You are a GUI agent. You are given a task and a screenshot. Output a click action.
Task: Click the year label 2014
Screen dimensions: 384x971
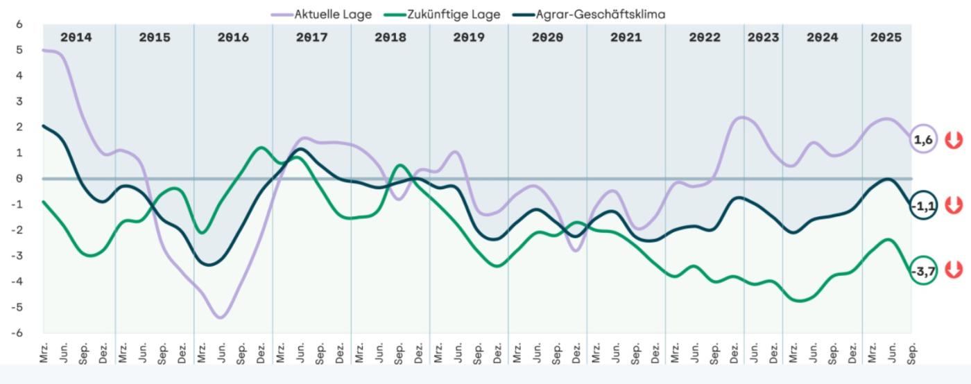coord(76,37)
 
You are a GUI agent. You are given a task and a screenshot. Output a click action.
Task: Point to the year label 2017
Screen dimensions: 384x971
coord(312,37)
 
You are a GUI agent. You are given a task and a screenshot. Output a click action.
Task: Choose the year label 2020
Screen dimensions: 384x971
coord(547,37)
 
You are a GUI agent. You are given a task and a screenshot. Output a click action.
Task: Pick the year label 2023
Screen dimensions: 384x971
coord(763,37)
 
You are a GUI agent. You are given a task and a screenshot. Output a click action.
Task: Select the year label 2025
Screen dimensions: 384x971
coord(886,37)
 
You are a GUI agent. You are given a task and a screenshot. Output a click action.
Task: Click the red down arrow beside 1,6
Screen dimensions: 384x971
coord(954,140)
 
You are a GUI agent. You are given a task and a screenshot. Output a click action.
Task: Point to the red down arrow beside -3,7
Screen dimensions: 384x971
coord(954,270)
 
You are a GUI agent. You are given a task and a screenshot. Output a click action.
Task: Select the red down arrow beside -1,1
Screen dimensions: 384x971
coord(954,205)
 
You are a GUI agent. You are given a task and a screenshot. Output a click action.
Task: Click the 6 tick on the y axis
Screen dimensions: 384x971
coord(19,24)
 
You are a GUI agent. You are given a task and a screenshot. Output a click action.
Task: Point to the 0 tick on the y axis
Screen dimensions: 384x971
coord(19,178)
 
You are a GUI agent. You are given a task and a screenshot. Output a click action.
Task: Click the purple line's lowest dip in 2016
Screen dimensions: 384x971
coord(220,317)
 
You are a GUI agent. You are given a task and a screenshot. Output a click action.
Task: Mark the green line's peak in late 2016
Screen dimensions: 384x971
coord(260,148)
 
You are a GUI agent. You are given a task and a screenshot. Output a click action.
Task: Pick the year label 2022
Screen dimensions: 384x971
coord(705,37)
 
